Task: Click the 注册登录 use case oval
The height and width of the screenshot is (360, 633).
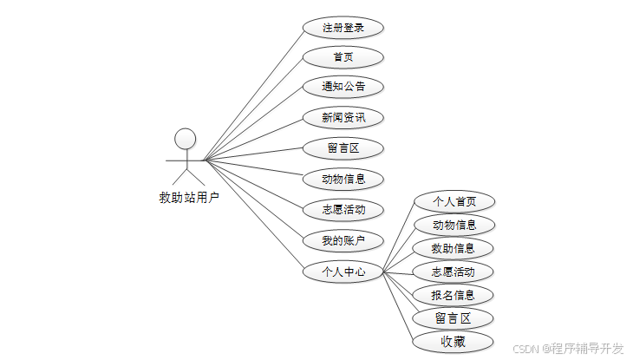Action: point(343,28)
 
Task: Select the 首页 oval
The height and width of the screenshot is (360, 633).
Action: point(343,57)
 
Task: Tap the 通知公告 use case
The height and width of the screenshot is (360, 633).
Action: point(343,87)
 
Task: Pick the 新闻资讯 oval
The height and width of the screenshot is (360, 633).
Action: point(343,117)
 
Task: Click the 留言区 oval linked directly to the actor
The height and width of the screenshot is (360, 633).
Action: point(343,147)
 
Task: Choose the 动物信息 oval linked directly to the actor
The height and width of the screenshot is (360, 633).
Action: point(343,179)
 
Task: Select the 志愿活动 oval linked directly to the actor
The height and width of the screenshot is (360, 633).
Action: point(343,209)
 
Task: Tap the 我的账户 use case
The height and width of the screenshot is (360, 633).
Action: point(343,239)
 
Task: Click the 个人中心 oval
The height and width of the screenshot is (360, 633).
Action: point(343,271)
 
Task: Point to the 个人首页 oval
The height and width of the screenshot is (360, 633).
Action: point(454,201)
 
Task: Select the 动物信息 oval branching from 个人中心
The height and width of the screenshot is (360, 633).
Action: point(454,225)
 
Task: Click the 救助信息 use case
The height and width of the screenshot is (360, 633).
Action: point(454,248)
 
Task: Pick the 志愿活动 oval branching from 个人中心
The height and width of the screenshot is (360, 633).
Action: point(454,272)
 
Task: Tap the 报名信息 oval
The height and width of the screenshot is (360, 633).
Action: point(454,295)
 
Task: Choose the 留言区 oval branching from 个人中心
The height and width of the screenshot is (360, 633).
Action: point(454,317)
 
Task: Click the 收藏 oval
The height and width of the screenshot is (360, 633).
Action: point(454,341)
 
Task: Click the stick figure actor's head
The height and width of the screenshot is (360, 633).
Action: point(185,138)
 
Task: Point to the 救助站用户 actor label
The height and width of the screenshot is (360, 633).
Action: point(189,198)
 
